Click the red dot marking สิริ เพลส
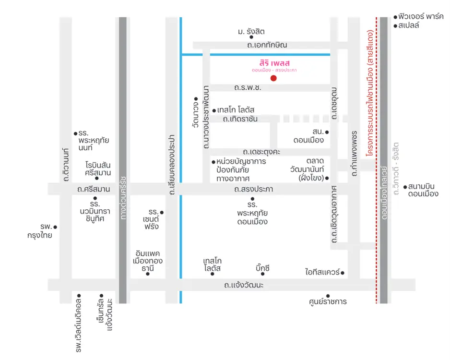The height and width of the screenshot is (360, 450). [273, 78]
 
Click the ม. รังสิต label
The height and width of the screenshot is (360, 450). [251, 32]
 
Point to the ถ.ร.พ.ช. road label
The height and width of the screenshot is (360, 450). [248, 88]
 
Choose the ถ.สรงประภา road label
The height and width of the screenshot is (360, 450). [254, 189]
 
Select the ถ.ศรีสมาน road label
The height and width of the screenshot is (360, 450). [94, 189]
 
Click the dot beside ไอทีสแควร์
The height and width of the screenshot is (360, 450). [343, 273]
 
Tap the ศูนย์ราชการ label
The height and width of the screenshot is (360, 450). [328, 302]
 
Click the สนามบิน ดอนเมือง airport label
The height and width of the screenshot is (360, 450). [423, 190]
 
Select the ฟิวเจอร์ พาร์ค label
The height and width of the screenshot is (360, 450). [421, 16]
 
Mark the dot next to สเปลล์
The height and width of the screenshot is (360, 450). [395, 25]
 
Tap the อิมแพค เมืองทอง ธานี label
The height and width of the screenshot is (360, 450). [148, 261]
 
